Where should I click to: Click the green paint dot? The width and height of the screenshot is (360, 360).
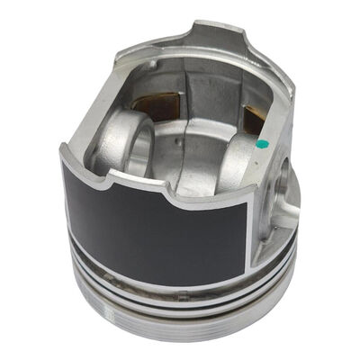click(260, 142)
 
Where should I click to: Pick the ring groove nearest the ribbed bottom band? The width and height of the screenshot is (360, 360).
click(180, 310)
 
